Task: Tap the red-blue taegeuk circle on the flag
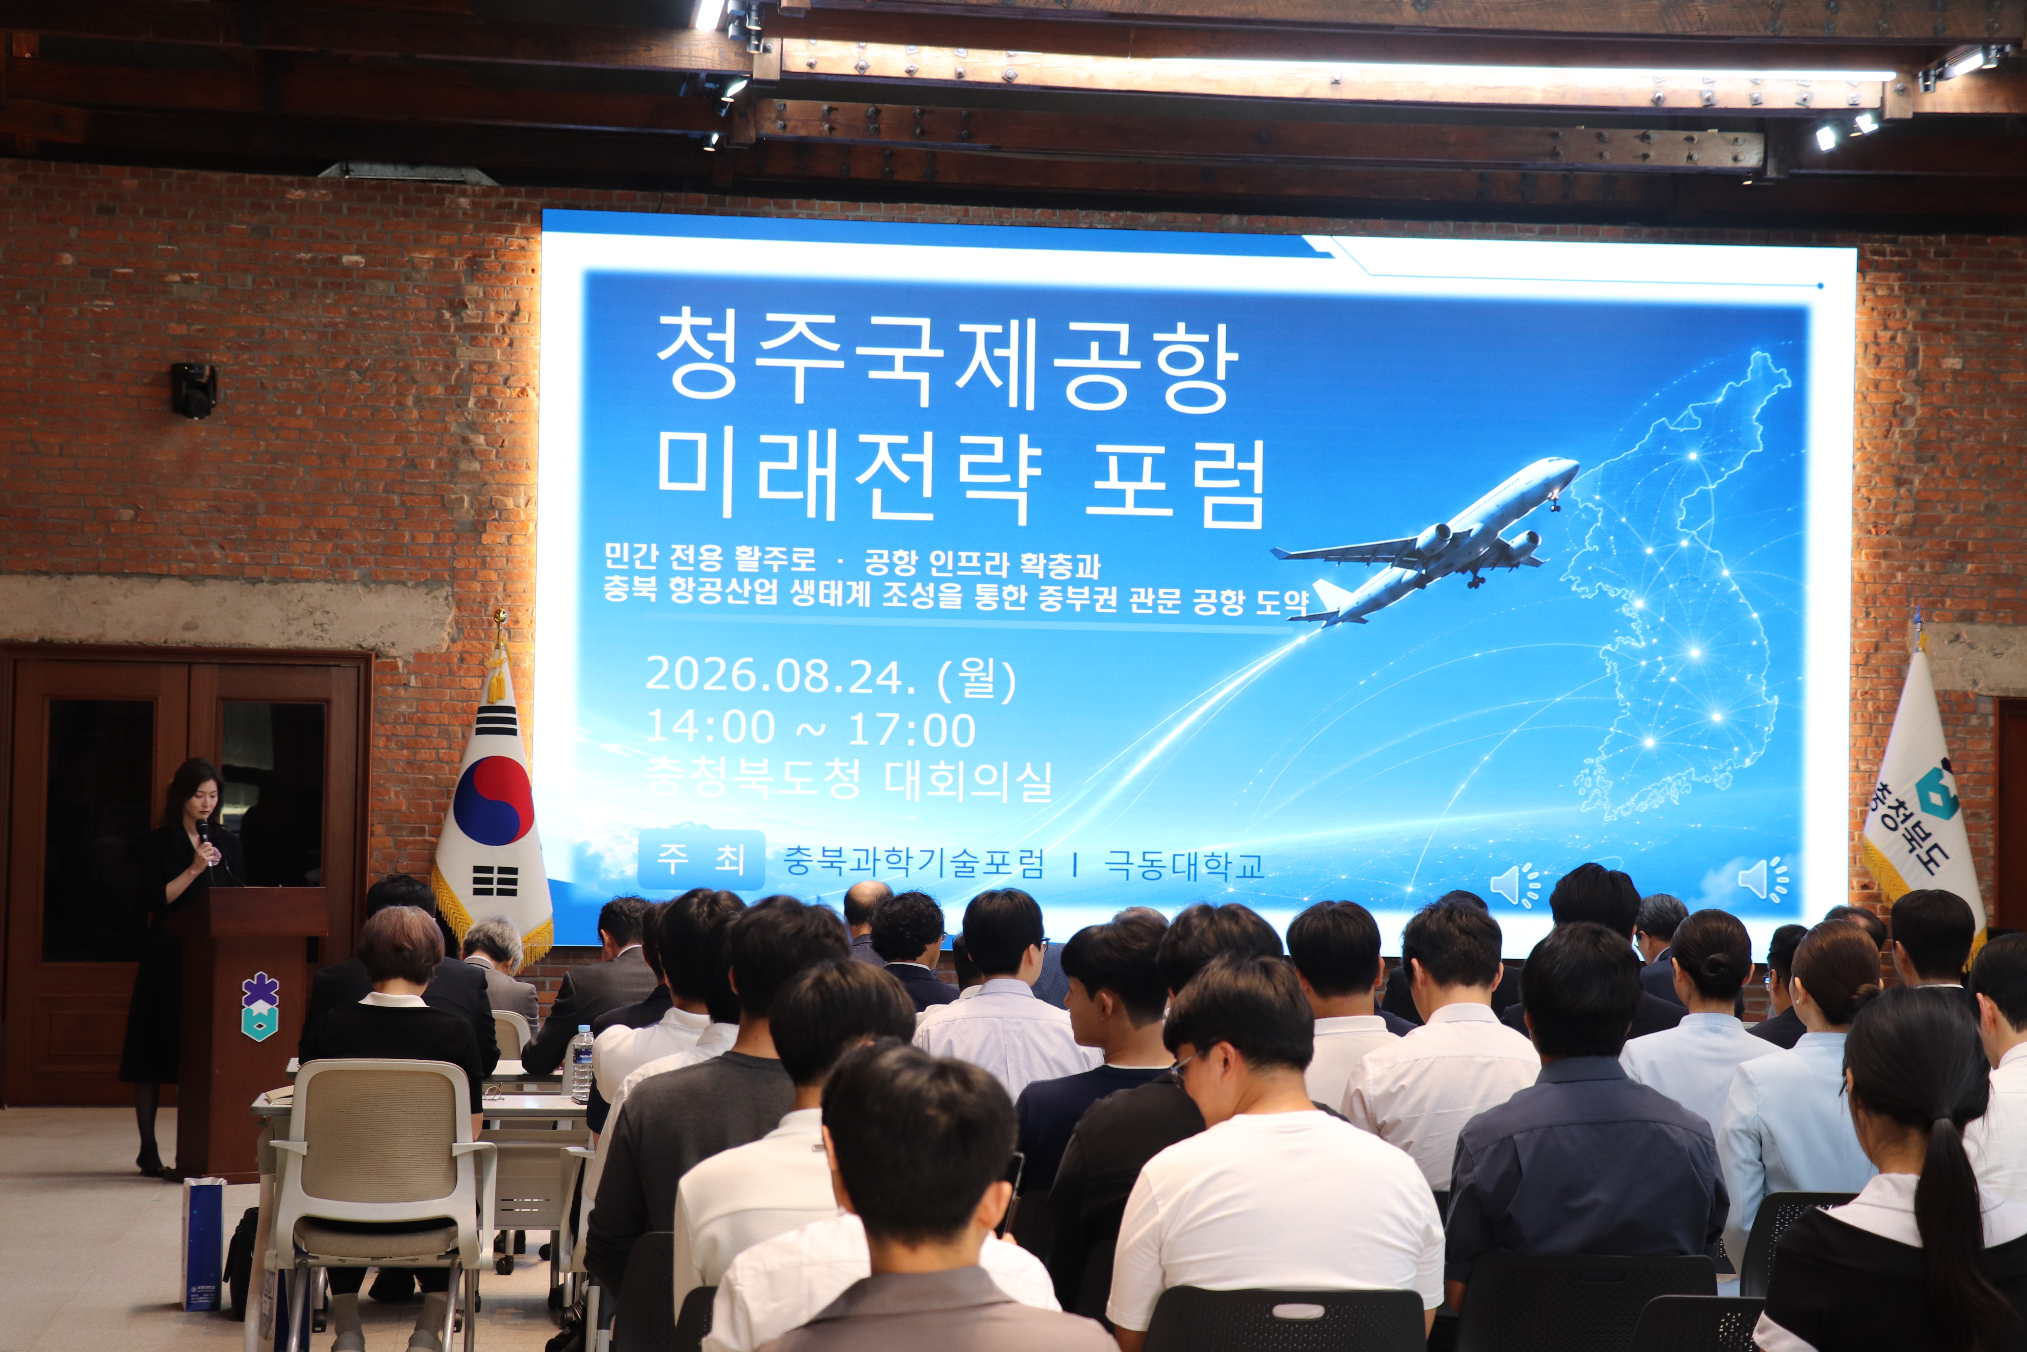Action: [x=493, y=800]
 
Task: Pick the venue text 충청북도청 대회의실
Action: [x=849, y=779]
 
